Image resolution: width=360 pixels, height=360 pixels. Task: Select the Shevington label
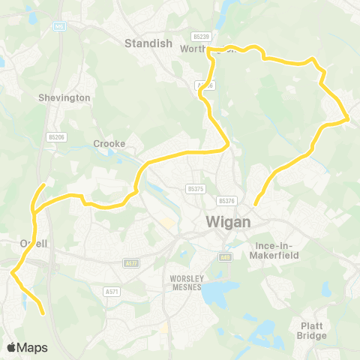point(64,97)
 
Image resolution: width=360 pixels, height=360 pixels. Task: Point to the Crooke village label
point(109,143)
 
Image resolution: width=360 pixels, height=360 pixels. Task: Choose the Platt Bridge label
point(312,331)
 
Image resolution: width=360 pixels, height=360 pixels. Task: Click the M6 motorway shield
point(58,26)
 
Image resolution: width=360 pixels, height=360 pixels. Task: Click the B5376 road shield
point(227,201)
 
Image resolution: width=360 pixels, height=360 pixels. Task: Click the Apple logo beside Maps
point(12,347)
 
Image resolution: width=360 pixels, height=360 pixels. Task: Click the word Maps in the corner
point(32,347)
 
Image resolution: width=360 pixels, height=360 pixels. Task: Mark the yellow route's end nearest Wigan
point(255,203)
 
